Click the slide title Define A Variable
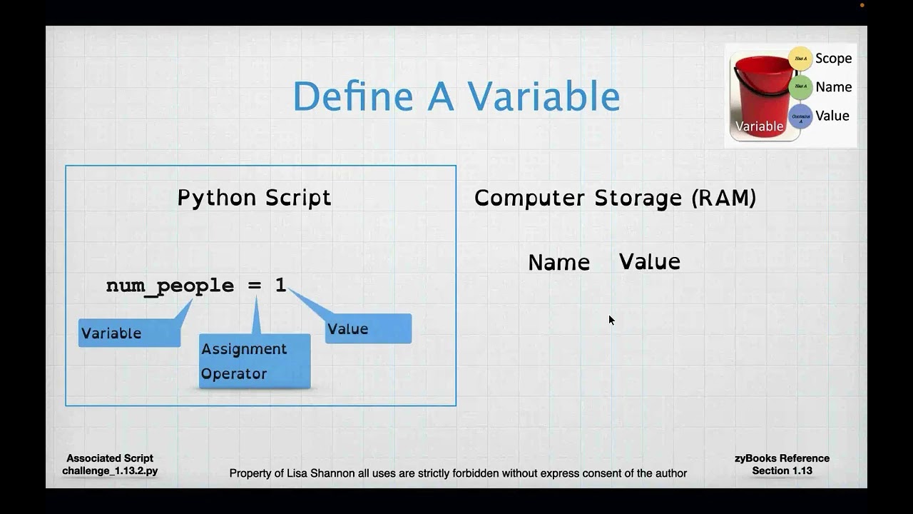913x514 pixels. (x=456, y=96)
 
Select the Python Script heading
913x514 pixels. (x=254, y=198)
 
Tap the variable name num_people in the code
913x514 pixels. (x=170, y=286)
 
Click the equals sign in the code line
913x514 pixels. (x=255, y=286)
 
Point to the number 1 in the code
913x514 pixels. (x=280, y=286)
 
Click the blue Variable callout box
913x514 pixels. (x=129, y=333)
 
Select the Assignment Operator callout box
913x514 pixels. (x=255, y=361)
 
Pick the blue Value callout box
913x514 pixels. (x=368, y=329)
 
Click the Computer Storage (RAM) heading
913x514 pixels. (x=615, y=198)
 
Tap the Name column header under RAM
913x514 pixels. (x=558, y=263)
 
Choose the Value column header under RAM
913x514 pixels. (x=649, y=262)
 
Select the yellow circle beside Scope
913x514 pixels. (x=800, y=59)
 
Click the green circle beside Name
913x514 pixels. (x=800, y=87)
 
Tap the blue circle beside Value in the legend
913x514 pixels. (x=800, y=117)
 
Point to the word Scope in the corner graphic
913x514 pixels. (x=833, y=59)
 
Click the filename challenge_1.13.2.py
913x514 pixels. (x=110, y=471)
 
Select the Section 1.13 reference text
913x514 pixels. (x=782, y=471)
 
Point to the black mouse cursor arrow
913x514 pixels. (x=611, y=320)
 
